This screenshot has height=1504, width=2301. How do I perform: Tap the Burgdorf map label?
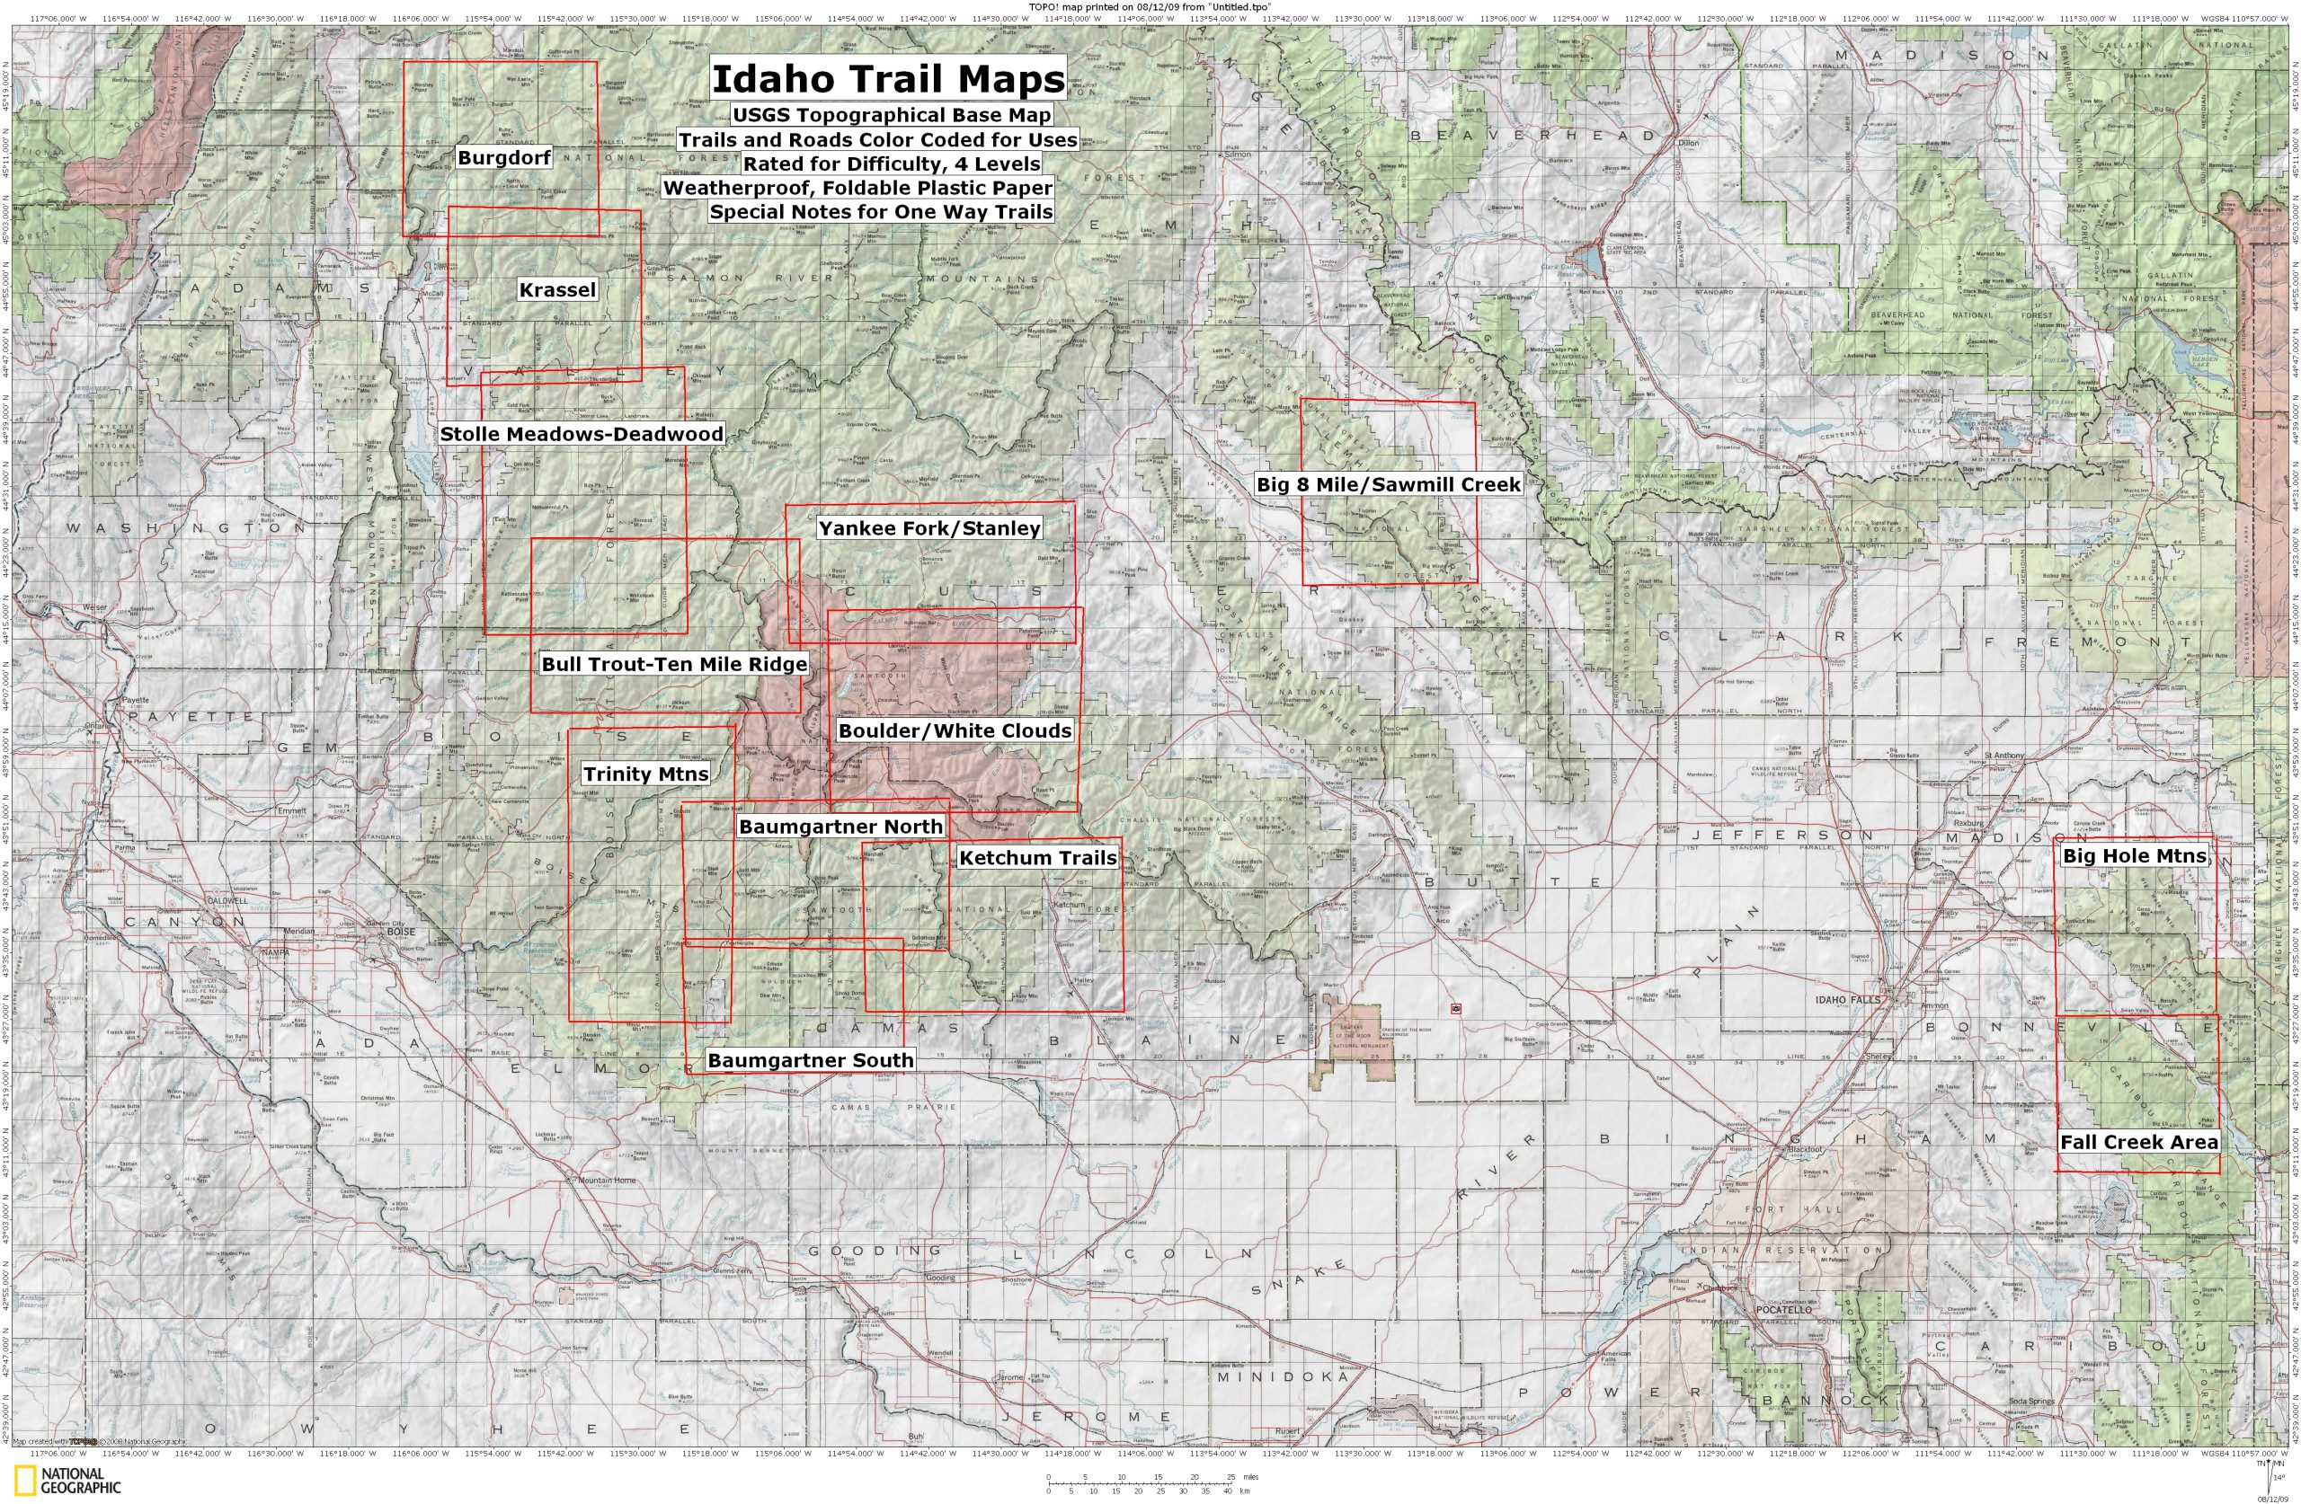coord(503,157)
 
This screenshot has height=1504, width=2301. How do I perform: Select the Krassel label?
coord(557,290)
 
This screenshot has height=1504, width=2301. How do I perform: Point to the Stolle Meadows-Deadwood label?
coord(581,434)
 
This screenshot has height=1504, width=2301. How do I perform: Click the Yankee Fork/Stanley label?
coord(929,528)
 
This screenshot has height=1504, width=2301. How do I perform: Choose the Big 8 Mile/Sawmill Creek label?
coord(1389,484)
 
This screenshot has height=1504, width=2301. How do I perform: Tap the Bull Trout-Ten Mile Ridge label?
coord(673,664)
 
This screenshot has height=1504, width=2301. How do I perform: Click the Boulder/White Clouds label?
coord(955,730)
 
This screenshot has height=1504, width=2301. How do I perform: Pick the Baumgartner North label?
coord(840,827)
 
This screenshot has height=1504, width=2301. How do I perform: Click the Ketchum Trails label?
coord(1037,857)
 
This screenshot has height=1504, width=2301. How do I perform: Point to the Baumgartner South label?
coord(810,1060)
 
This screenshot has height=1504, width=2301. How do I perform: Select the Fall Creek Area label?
coord(2138,1142)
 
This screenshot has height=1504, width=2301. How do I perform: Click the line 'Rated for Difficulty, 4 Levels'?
coord(892,164)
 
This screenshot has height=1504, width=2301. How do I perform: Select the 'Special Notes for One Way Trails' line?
coord(881,212)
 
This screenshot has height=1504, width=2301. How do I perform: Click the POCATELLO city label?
coord(1784,1310)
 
